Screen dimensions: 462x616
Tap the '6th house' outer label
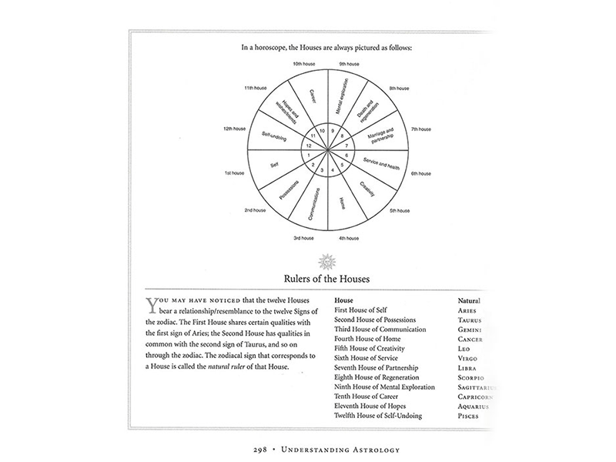[x=422, y=174]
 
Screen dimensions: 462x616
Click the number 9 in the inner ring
[x=332, y=132]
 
